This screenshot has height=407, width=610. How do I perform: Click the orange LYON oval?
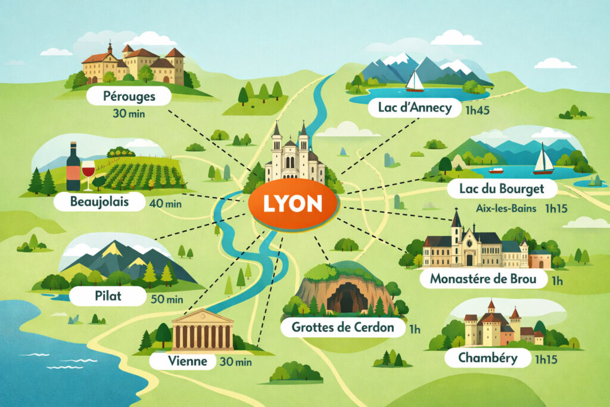coord(292,204)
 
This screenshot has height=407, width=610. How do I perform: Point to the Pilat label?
coord(107,294)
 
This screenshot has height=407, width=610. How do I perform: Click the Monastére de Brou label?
coord(477,279)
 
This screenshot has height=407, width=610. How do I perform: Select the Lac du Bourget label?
coord(502,189)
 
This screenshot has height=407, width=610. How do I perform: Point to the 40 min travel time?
coord(166,204)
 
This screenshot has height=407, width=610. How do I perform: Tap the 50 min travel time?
coord(166,299)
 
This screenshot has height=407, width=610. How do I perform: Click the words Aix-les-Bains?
coord(505,209)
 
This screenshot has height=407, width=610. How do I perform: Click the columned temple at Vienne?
coord(203,330)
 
